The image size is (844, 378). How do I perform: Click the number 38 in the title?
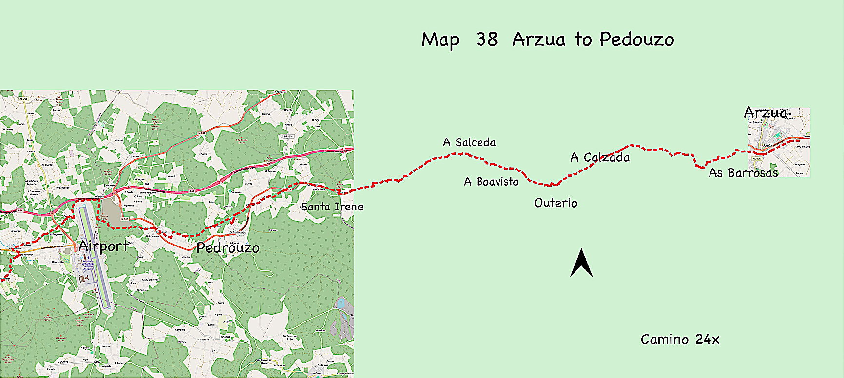(487, 39)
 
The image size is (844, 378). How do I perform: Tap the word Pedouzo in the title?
(637, 39)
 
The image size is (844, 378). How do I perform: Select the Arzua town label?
(766, 113)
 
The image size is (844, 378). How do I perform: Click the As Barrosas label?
(743, 173)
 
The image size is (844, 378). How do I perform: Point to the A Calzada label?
(600, 157)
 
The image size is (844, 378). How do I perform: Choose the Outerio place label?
(556, 203)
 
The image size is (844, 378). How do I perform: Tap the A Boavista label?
(491, 182)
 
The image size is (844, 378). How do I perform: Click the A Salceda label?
(469, 142)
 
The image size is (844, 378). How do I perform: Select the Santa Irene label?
(332, 207)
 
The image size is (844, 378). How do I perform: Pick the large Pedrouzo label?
(228, 248)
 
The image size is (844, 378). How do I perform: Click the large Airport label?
(103, 246)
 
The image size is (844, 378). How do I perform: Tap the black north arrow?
(581, 263)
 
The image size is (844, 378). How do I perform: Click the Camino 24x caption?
(680, 340)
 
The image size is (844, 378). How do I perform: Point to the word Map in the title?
(440, 40)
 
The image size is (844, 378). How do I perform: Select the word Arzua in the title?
(538, 39)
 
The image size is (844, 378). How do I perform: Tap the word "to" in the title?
(583, 39)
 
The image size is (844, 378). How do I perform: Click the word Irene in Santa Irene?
(349, 207)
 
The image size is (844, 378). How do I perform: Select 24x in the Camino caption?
(708, 340)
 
